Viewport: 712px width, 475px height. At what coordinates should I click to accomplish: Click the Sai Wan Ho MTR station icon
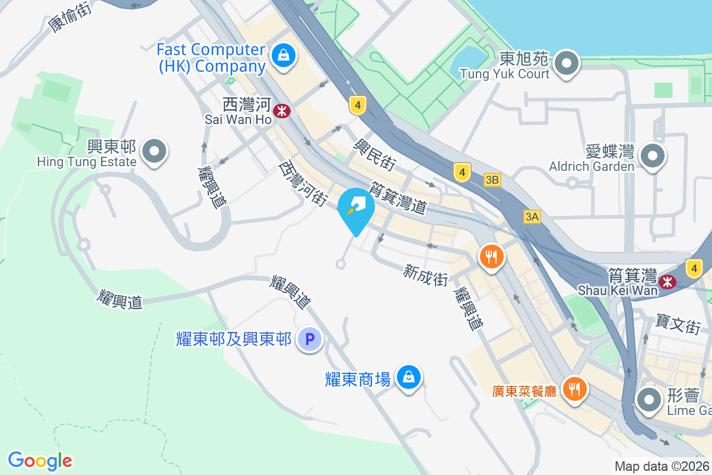tap(282, 110)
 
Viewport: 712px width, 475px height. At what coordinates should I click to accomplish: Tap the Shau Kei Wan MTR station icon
tap(668, 281)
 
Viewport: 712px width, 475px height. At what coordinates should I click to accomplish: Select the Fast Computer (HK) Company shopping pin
tap(284, 56)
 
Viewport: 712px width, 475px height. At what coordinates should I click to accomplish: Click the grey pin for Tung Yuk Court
tap(567, 62)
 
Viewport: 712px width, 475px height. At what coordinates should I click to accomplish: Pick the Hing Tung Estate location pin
tap(155, 151)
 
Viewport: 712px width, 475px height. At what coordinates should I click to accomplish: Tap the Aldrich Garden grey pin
tap(653, 156)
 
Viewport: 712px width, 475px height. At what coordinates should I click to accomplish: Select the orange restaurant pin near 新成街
tap(492, 257)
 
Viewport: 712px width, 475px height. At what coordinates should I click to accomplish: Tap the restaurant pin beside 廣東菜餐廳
tap(574, 389)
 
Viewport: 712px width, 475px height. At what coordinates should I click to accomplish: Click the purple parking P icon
tap(309, 340)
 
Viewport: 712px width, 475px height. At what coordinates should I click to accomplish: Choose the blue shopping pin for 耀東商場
tap(409, 377)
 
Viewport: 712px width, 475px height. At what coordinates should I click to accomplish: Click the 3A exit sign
tap(532, 217)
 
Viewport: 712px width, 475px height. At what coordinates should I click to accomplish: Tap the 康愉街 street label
tap(69, 16)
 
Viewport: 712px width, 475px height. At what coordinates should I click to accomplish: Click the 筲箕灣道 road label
tap(398, 198)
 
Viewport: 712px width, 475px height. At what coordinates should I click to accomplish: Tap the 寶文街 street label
tap(679, 324)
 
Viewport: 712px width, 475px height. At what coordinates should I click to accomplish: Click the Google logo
tap(40, 461)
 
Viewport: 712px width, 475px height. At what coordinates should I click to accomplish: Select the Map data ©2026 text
tap(662, 466)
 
